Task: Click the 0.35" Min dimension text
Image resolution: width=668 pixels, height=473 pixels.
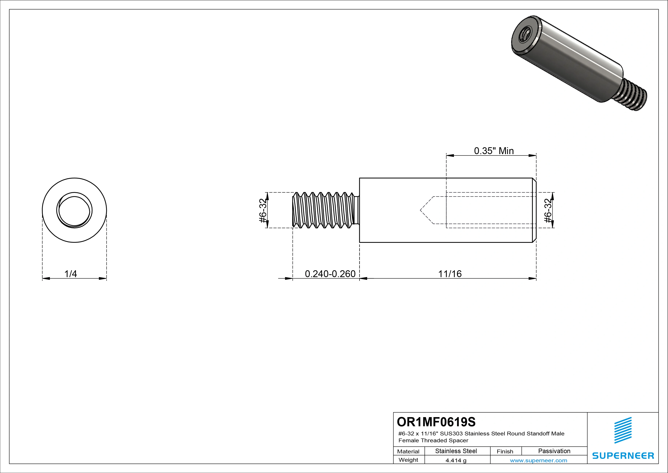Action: pos(494,151)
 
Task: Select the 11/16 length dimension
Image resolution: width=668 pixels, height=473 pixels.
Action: pos(450,274)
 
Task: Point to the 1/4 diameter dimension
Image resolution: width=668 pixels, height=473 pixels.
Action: pos(70,274)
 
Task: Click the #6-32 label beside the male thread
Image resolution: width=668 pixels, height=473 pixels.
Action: pos(263,211)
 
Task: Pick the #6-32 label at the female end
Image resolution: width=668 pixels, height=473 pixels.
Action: pos(548,211)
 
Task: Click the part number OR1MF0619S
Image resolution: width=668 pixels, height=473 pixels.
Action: pos(436,422)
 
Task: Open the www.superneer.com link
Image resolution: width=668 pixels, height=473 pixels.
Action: pos(538,460)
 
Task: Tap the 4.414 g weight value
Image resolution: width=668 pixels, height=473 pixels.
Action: pos(456,460)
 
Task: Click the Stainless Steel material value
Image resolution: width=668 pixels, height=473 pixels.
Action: pos(456,451)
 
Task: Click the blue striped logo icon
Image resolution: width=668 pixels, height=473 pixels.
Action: pos(623,430)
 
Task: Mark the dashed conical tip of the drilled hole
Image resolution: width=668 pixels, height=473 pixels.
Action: pos(426,210)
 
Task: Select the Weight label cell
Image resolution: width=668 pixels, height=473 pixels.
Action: pos(408,460)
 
